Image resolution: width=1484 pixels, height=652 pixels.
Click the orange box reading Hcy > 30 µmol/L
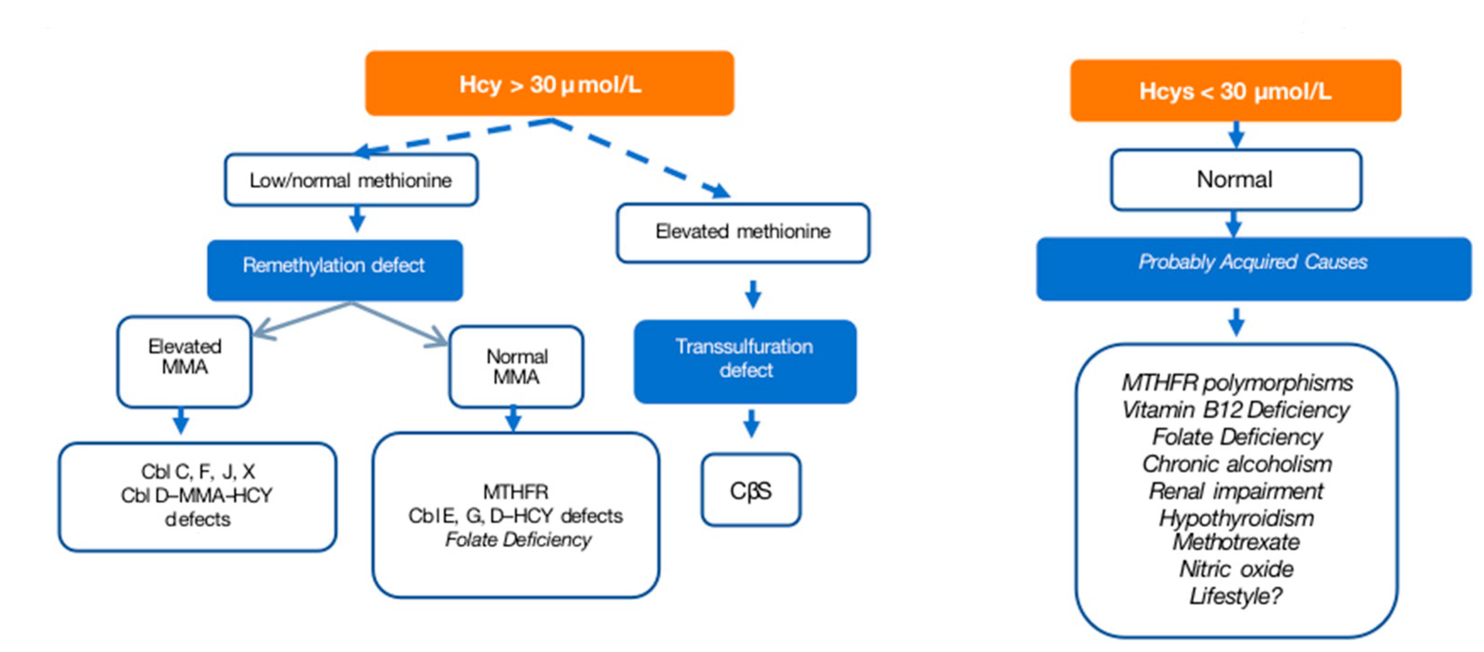550,83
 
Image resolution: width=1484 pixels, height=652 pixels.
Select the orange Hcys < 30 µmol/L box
1235,90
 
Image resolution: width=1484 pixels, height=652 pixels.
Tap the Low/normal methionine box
351,180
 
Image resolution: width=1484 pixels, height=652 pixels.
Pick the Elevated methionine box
743,232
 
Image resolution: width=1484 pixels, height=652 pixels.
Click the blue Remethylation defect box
334,270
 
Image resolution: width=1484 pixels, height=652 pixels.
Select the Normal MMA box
516,367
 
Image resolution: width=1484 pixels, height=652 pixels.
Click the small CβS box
750,490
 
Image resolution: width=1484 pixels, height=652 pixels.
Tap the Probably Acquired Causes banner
1253,268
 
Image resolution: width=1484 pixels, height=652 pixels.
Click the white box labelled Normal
1235,180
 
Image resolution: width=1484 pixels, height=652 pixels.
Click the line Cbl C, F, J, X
198,472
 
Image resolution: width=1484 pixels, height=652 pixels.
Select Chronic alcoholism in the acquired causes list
1237,464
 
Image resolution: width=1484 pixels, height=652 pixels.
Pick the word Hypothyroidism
1236,518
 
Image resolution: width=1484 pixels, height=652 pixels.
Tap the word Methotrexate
1236,542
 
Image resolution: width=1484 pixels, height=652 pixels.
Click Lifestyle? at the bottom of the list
1236,596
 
